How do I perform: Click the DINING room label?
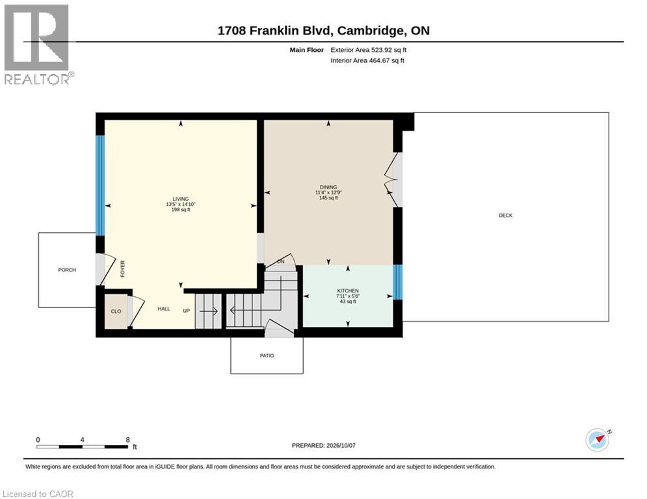[328, 187]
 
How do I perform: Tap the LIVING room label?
[181, 199]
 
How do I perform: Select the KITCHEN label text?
[348, 290]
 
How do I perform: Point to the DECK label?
[505, 215]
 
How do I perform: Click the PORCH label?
[67, 270]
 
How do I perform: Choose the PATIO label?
[267, 355]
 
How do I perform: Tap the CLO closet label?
[116, 311]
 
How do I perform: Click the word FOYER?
[122, 269]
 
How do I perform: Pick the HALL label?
[164, 309]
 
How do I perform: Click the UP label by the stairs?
[187, 311]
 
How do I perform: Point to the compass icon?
[598, 440]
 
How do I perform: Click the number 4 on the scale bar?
[82, 440]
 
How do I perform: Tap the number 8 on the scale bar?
[128, 440]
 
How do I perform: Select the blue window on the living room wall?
[100, 186]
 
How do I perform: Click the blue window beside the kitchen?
[397, 282]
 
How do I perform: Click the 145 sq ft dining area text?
[328, 198]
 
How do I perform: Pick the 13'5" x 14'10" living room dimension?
[181, 205]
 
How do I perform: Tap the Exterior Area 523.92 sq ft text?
[369, 50]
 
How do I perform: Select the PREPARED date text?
[324, 445]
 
